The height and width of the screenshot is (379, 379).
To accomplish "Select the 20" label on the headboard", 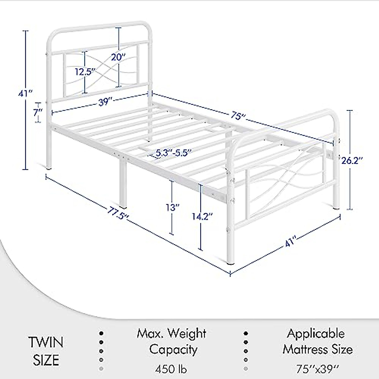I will (118, 57).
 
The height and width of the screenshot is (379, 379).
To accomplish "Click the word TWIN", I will (46, 342).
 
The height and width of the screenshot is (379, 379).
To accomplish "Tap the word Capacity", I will (173, 350).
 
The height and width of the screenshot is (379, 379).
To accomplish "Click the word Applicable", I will (316, 334).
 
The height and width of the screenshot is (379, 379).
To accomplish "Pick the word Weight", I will (187, 334).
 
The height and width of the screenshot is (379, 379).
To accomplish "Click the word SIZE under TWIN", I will (46, 360).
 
